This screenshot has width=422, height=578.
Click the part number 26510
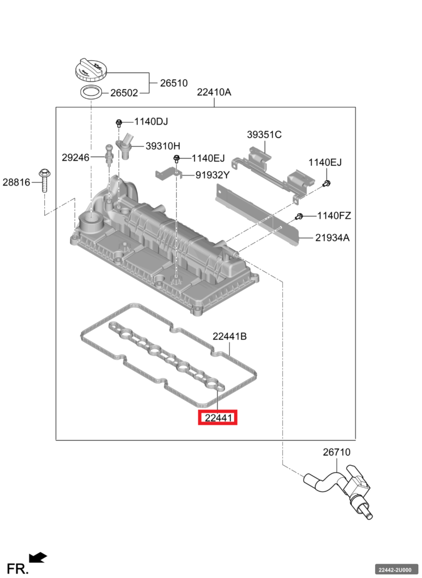pyautogui.click(x=174, y=83)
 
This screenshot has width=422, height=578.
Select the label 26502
pyautogui.click(x=123, y=93)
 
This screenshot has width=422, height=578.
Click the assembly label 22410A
pyautogui.click(x=214, y=92)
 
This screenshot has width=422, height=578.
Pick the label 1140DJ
pyautogui.click(x=151, y=122)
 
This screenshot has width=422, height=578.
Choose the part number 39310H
pyautogui.click(x=163, y=146)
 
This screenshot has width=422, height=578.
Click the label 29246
pyautogui.click(x=75, y=157)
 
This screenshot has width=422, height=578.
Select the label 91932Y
pyautogui.click(x=213, y=175)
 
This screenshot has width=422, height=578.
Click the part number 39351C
pyautogui.click(x=264, y=135)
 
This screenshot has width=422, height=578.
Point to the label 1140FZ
pyautogui.click(x=333, y=216)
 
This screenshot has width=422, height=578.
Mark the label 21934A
pyautogui.click(x=332, y=238)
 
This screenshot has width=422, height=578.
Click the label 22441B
pyautogui.click(x=230, y=336)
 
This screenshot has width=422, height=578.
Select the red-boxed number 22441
pyautogui.click(x=218, y=418)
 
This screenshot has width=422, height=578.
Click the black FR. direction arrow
pyautogui.click(x=38, y=557)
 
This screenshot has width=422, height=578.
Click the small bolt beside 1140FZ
pyautogui.click(x=299, y=216)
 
